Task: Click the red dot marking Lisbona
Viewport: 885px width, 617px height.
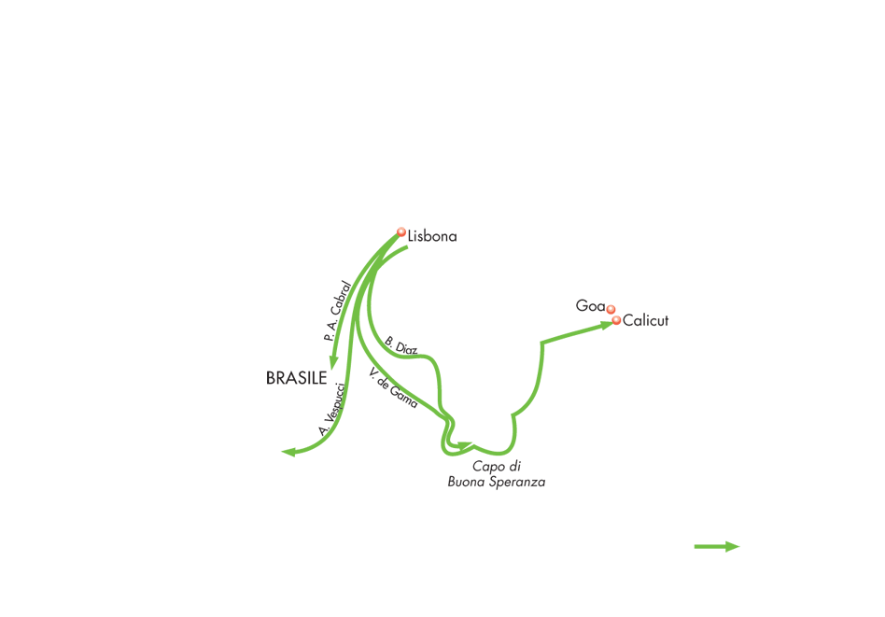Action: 401,232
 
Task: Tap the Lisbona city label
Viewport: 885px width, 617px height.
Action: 432,236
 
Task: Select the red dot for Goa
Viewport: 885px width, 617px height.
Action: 611,309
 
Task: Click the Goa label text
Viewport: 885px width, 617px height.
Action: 590,306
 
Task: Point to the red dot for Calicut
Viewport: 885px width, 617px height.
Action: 616,321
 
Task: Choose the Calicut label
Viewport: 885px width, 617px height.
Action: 646,321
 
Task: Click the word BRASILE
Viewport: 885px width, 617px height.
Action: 296,378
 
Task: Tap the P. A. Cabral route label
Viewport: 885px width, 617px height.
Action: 338,311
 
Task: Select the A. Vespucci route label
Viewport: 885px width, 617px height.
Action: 331,409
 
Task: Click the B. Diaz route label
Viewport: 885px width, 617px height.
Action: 401,345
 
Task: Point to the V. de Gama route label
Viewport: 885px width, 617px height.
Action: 393,387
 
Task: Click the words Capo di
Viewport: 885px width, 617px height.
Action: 497,467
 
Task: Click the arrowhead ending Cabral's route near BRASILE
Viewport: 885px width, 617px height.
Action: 333,362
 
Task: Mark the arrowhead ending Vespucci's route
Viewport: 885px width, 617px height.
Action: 288,452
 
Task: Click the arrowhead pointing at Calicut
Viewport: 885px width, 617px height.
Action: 606,324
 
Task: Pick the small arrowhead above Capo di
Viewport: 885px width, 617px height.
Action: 465,446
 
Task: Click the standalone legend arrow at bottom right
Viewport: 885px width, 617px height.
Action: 717,546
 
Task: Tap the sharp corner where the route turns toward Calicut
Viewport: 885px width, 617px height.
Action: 541,343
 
